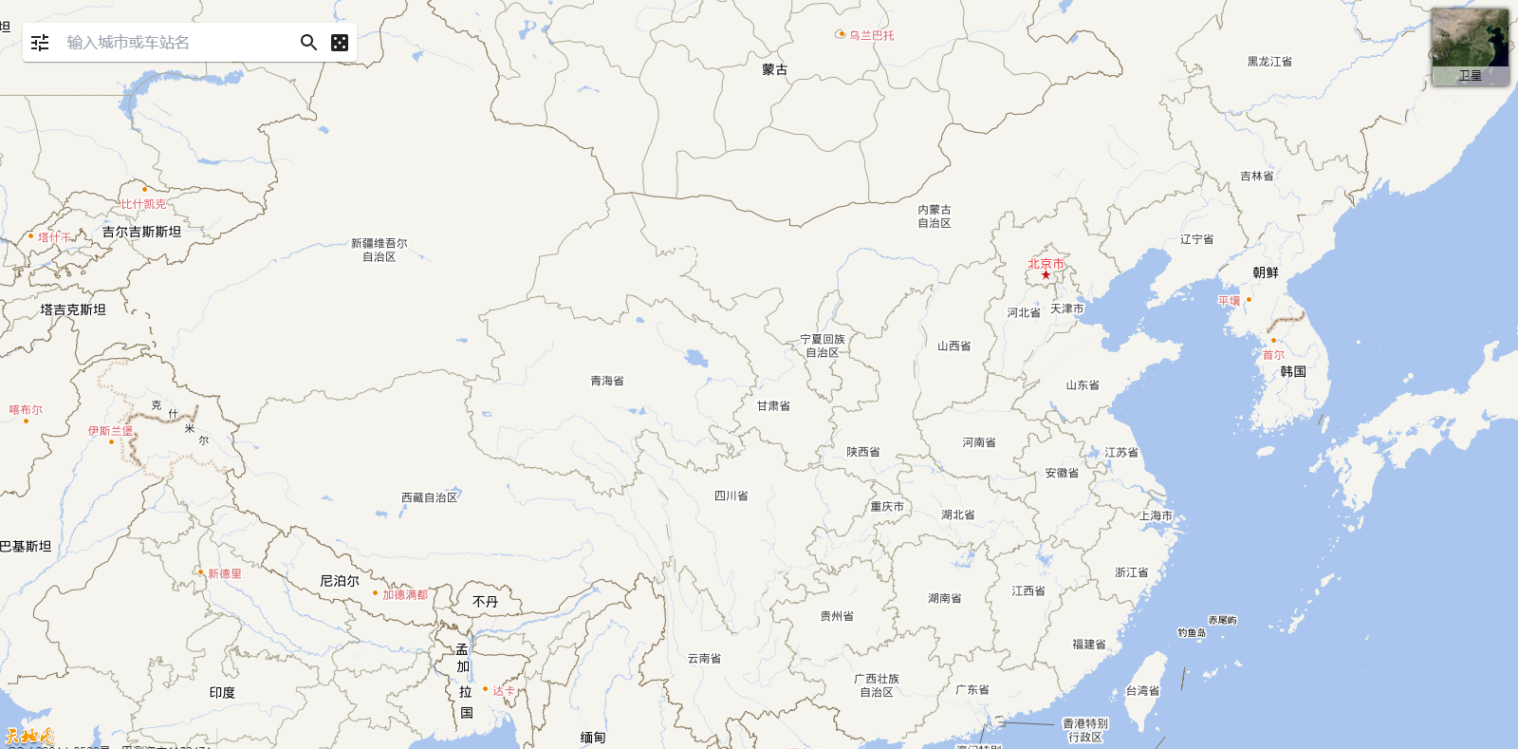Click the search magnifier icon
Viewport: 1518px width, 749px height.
(x=308, y=43)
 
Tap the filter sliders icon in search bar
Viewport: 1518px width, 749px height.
(x=40, y=43)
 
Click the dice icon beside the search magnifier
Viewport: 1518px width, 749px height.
(x=340, y=43)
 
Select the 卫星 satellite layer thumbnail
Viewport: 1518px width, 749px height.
(x=1470, y=47)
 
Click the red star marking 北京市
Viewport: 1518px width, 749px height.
(x=1046, y=275)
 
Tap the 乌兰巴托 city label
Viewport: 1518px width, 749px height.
(x=871, y=35)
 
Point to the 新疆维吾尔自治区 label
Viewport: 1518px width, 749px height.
(x=379, y=250)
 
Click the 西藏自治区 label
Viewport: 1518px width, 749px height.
(x=429, y=497)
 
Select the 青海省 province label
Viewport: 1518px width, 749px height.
(x=607, y=381)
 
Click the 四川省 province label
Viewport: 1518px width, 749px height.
(x=731, y=496)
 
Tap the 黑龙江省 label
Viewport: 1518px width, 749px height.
(x=1269, y=62)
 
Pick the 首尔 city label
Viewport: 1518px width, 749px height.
(x=1273, y=355)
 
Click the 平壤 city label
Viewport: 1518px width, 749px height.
(x=1229, y=301)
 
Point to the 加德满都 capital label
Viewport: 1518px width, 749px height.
(x=405, y=595)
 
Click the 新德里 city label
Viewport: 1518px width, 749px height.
(x=225, y=573)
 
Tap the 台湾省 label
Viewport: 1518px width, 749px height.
(x=1142, y=691)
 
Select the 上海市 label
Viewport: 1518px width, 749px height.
(x=1156, y=515)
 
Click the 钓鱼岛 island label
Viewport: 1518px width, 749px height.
(x=1192, y=632)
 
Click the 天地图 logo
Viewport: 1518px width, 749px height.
(x=28, y=736)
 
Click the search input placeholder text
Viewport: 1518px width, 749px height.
(x=128, y=43)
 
